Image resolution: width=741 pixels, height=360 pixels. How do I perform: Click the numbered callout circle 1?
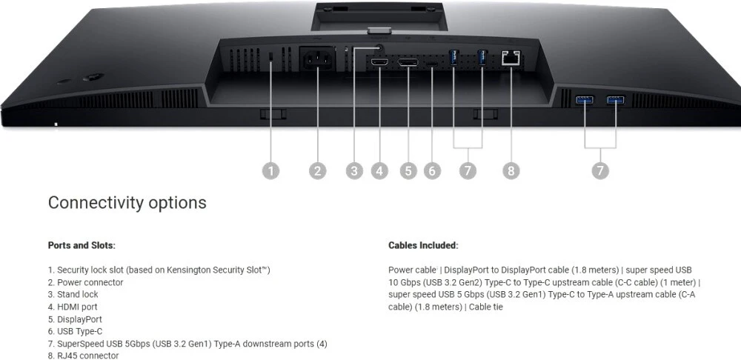[271, 171]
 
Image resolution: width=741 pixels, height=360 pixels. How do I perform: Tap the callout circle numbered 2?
[318, 171]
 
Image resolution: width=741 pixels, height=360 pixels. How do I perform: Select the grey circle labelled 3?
[355, 171]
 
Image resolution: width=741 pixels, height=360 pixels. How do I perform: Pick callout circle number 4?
[380, 171]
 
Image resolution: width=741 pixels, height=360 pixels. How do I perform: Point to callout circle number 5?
[408, 171]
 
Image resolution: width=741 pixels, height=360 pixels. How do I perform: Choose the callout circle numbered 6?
[433, 171]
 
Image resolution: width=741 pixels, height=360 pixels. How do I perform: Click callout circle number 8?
[510, 171]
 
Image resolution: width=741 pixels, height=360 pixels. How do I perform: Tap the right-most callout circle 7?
[601, 171]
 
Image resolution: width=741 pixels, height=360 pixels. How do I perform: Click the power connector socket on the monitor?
[318, 60]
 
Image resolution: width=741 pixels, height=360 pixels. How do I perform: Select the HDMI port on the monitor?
[379, 64]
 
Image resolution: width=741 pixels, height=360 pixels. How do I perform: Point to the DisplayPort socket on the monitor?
[408, 64]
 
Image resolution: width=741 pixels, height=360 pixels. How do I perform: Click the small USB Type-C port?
[432, 64]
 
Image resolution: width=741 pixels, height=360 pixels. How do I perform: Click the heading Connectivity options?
[127, 203]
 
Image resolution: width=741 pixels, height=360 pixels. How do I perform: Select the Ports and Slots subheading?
[82, 245]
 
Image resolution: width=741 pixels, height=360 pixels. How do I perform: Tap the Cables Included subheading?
[423, 245]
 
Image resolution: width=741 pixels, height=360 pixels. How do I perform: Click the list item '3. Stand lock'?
[73, 295]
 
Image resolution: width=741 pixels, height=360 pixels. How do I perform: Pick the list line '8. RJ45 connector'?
[83, 356]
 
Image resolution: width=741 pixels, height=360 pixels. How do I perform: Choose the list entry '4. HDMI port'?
[73, 307]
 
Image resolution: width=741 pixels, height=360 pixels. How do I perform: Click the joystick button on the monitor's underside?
[93, 77]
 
